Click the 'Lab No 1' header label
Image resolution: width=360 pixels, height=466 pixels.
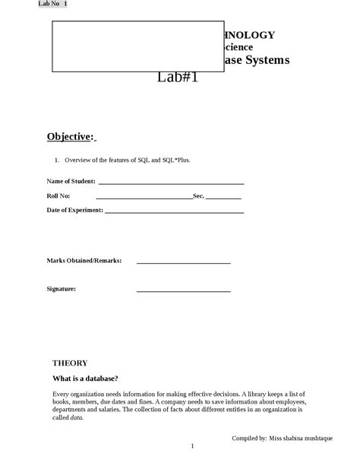coord(53,4)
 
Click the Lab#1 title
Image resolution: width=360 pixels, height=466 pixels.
coord(178,77)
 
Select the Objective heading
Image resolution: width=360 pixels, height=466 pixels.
coord(71,137)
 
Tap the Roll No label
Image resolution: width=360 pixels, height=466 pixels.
coord(58,196)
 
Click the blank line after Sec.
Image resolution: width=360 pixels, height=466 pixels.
coord(223,198)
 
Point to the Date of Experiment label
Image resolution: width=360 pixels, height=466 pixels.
coord(74,210)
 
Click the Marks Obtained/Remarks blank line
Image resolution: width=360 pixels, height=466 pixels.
coord(183,262)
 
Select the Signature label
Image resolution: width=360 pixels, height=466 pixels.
coord(62,289)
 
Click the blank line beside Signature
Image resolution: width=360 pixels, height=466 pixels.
coord(183,290)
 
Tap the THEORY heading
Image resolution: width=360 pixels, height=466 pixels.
coord(70,363)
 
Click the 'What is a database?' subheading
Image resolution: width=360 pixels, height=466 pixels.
coord(85,379)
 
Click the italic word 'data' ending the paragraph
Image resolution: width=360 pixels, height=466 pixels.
coord(77,417)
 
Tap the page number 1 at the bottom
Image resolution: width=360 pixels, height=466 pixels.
coord(193,447)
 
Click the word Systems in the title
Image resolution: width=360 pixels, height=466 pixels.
coord(267,59)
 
